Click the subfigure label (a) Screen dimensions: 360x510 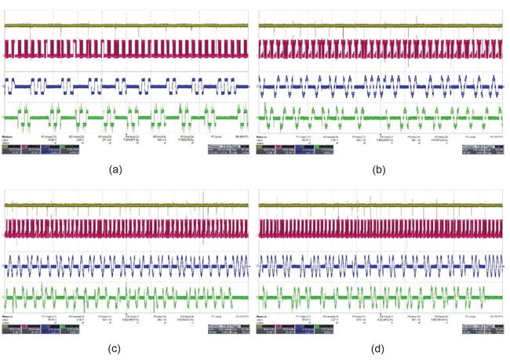[117, 169]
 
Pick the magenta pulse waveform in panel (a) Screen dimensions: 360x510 [126, 49]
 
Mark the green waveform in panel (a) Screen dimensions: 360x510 [126, 118]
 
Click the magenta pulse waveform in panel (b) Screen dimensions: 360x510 [381, 49]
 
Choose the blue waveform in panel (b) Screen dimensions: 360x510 [381, 85]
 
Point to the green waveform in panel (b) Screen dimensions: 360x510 [381, 118]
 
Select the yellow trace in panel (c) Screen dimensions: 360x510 [126, 205]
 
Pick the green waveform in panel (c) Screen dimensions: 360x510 [126, 299]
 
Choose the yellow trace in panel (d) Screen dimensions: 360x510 [381, 205]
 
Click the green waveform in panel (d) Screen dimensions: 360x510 [381, 299]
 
